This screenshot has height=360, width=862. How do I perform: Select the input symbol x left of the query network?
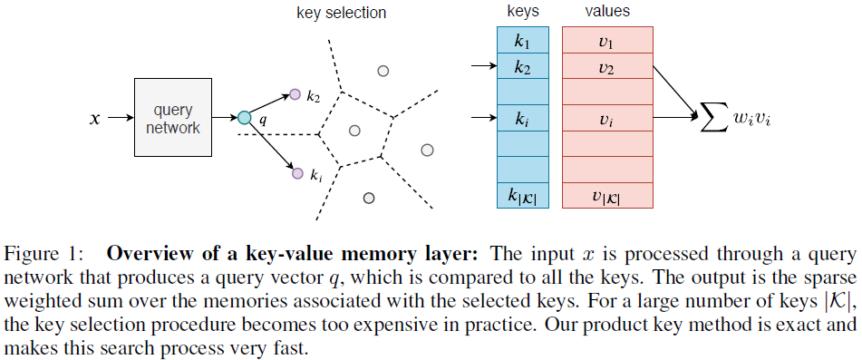pos(94,118)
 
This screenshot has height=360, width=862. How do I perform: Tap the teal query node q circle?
pos(244,117)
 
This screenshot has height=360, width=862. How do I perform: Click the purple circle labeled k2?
pos(294,93)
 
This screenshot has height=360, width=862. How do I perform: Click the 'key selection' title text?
pos(342,13)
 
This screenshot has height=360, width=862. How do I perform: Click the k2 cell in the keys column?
pos(523,66)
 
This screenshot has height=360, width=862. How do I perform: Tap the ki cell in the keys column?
pos(523,118)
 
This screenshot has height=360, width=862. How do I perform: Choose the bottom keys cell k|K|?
pos(523,195)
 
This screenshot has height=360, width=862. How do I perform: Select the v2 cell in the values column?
pos(607,66)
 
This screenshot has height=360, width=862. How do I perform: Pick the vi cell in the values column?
pos(607,118)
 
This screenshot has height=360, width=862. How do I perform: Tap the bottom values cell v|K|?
pos(607,195)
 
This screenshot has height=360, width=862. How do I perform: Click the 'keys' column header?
pos(523,12)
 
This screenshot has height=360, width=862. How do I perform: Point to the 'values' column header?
pos(607,12)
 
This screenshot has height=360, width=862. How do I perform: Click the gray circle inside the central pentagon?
pos(355,131)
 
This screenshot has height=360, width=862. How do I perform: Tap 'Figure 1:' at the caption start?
pos(35,253)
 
